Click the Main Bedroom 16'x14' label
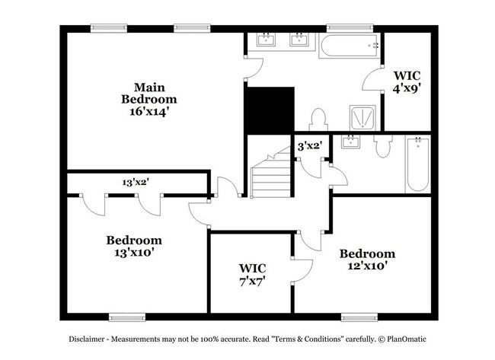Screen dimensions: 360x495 pos(149,99)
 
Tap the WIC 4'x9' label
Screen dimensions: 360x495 pos(407,81)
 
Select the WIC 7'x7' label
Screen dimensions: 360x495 pos(252,275)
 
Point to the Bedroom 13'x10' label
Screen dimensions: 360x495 pos(134,245)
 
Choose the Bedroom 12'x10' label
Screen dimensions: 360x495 pos(367,260)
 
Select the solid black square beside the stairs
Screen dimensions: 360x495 pos(269,109)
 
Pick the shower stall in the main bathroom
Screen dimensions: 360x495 pos(362,118)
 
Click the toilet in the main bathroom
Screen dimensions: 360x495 pos(319,119)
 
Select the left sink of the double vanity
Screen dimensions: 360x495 pos(267,40)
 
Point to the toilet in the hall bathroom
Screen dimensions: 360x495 pos(382,148)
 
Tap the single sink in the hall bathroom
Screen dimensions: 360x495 pos(351,143)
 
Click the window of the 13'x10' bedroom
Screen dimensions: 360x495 pos(127,317)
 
